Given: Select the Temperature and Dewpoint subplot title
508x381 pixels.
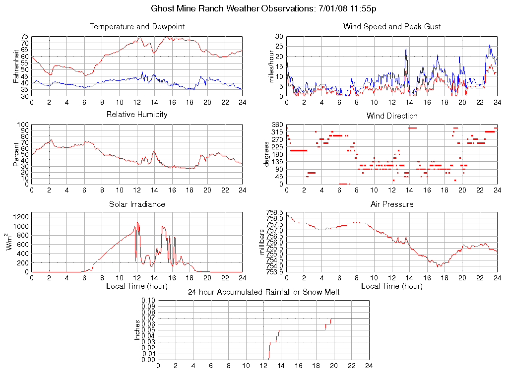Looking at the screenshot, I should click(137, 26).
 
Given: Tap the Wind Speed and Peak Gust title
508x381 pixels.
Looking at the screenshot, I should click(392, 26).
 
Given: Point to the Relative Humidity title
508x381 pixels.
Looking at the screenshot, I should click(137, 114).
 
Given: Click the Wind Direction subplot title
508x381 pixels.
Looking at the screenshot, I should click(392, 116).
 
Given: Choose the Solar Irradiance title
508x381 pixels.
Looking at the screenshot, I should click(137, 204).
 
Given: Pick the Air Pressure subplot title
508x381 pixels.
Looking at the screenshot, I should click(392, 204).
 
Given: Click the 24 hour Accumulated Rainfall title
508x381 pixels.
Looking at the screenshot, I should click(263, 292).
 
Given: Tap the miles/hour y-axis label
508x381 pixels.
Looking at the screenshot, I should click(271, 66).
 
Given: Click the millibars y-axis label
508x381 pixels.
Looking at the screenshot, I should click(263, 242).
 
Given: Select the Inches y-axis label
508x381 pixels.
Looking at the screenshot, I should click(137, 330).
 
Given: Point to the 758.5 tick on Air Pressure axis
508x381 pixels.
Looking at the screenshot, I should click(275, 212).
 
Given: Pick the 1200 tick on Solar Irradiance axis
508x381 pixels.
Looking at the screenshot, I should click(21, 217).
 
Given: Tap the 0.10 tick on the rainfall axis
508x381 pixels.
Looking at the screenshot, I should click(148, 300).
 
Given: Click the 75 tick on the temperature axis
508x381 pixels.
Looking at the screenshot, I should click(24, 37).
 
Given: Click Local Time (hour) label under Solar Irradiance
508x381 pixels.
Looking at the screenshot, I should click(137, 286).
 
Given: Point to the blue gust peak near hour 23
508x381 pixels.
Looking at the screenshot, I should click(490, 45).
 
